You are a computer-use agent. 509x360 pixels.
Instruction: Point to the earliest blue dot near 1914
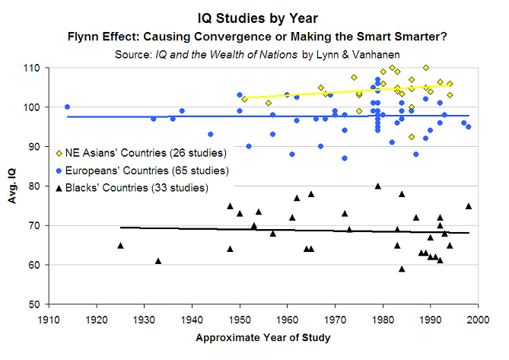pos(67,107)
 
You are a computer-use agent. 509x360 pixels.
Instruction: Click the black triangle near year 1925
pos(120,245)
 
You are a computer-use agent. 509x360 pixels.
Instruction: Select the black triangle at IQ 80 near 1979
pos(378,186)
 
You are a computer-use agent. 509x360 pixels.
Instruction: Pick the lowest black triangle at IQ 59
pos(402,268)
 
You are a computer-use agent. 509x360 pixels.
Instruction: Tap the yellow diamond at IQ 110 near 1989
pos(426,68)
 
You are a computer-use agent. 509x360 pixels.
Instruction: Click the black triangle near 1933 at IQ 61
pos(158,260)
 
